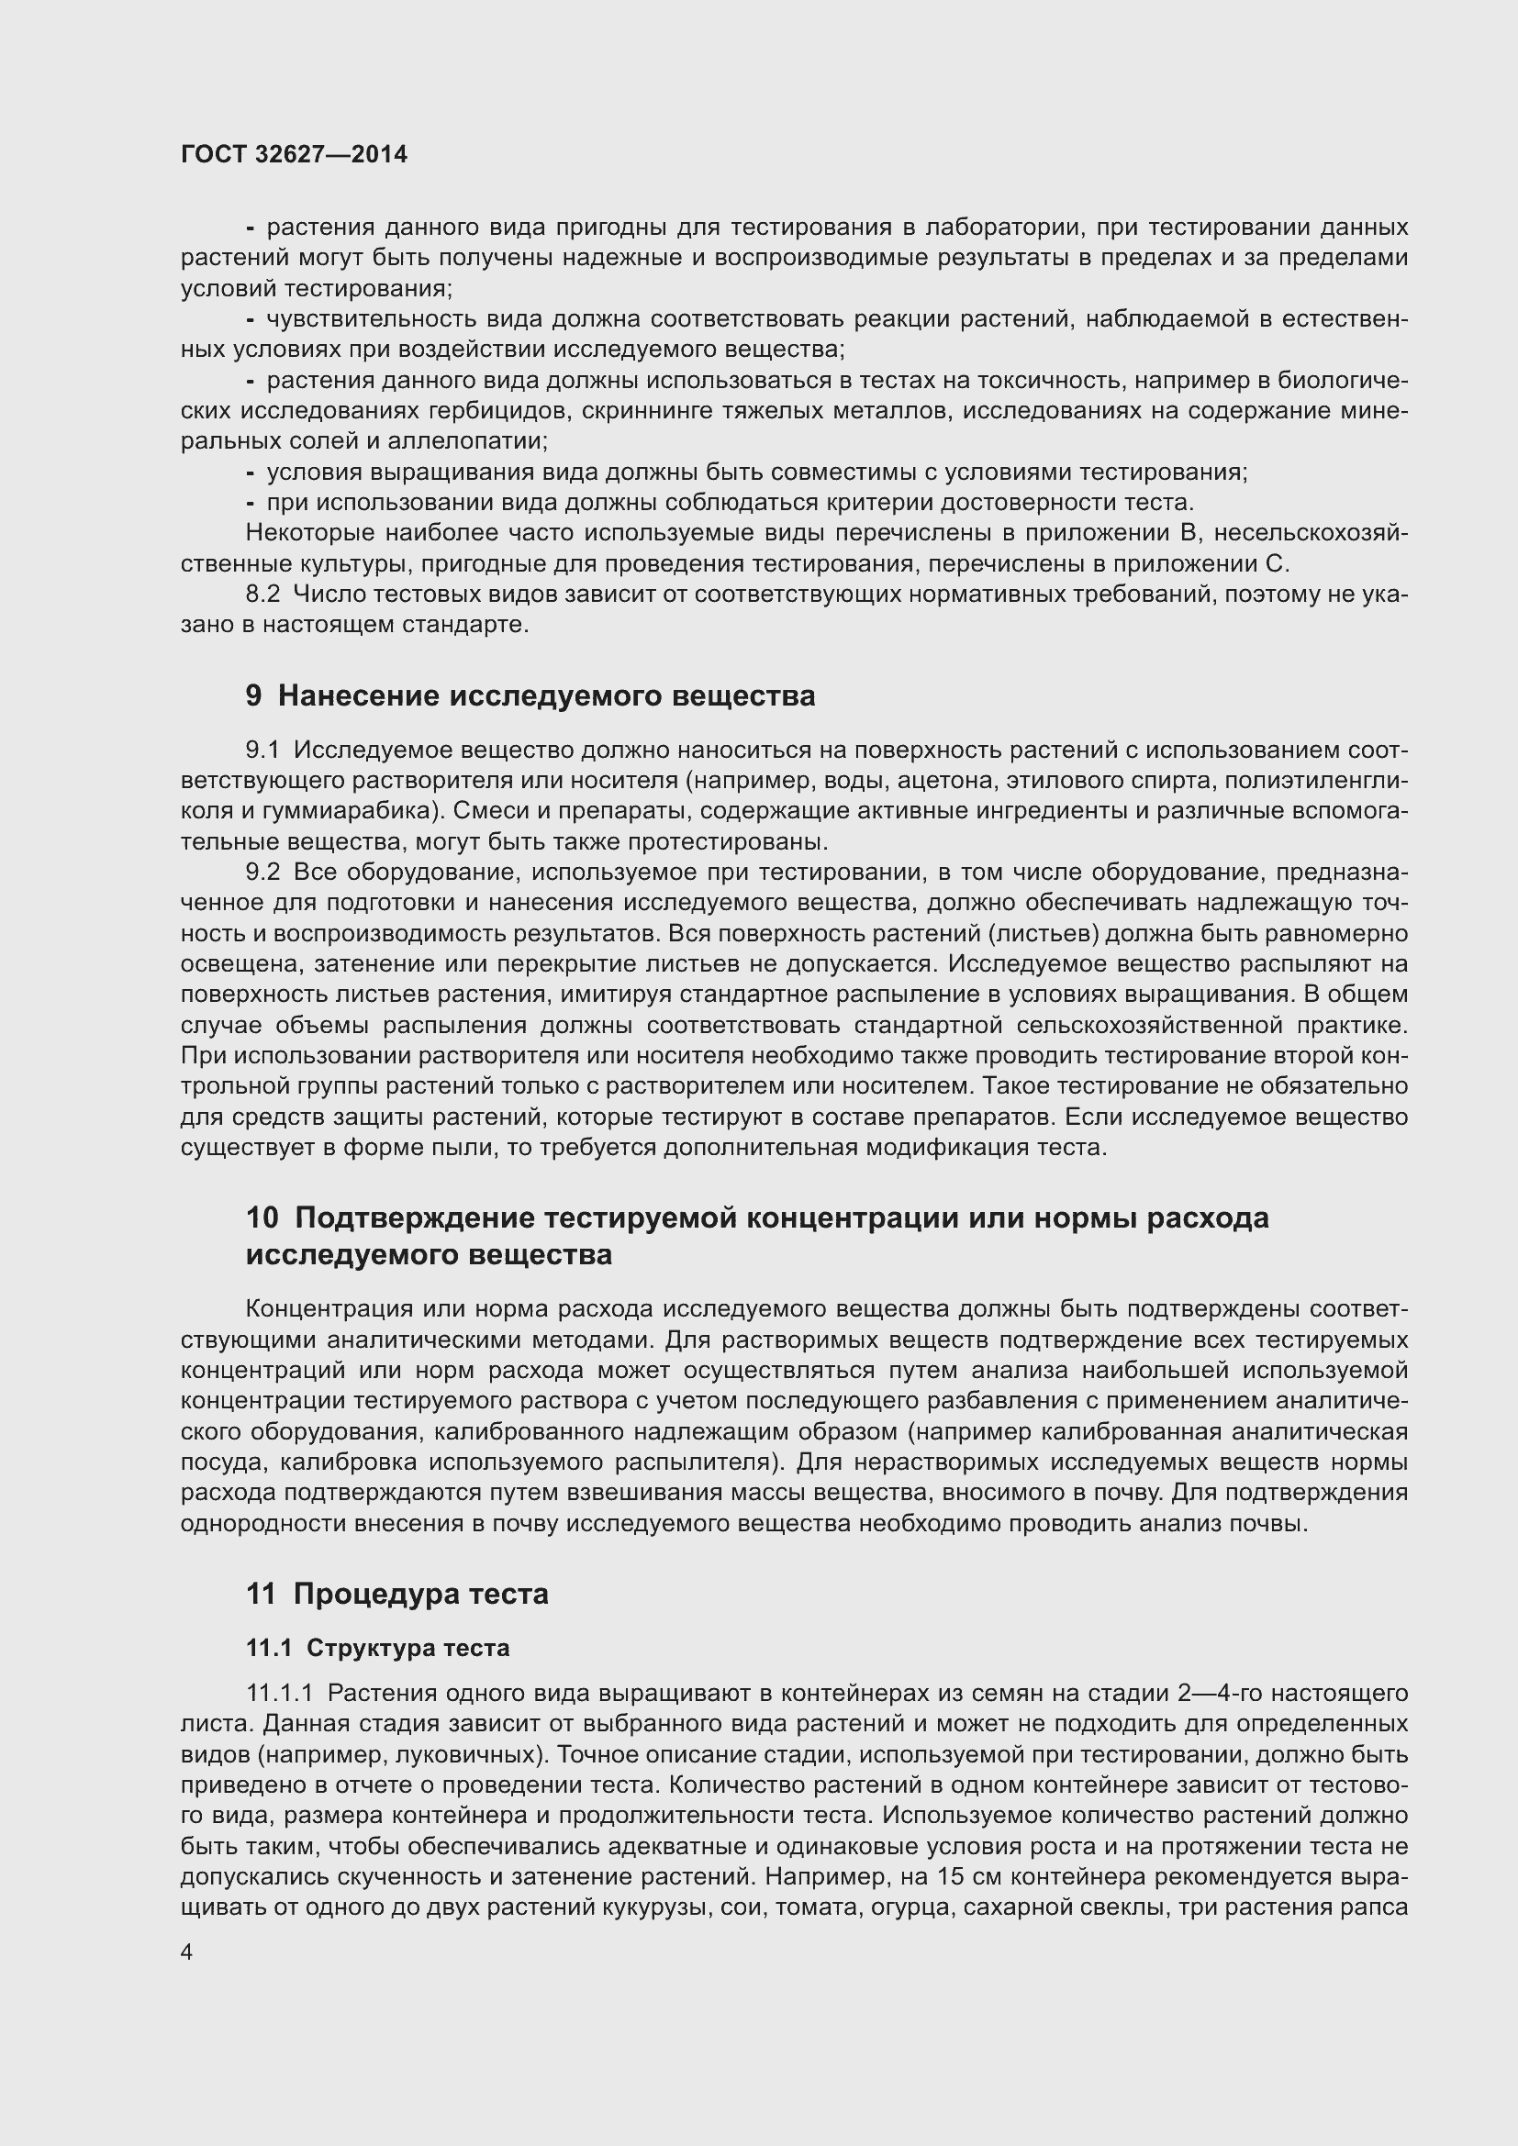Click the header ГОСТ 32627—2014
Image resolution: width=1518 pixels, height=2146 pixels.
point(294,154)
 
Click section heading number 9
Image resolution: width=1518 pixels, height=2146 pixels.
point(254,695)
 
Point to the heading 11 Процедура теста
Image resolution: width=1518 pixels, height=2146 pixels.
point(397,1594)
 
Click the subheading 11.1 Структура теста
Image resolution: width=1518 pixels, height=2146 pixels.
point(377,1648)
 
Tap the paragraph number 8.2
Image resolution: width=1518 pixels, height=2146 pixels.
point(262,595)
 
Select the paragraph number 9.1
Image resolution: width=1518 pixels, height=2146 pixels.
point(262,750)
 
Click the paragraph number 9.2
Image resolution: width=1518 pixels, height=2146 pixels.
point(262,872)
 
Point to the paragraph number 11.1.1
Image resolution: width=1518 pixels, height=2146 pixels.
point(280,1694)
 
